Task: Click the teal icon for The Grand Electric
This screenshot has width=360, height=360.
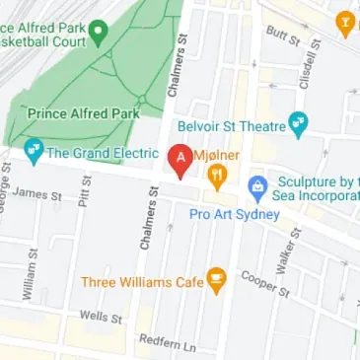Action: click(34, 152)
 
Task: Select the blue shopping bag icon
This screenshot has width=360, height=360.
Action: click(257, 184)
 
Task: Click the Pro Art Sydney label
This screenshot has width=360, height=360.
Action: click(237, 215)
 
